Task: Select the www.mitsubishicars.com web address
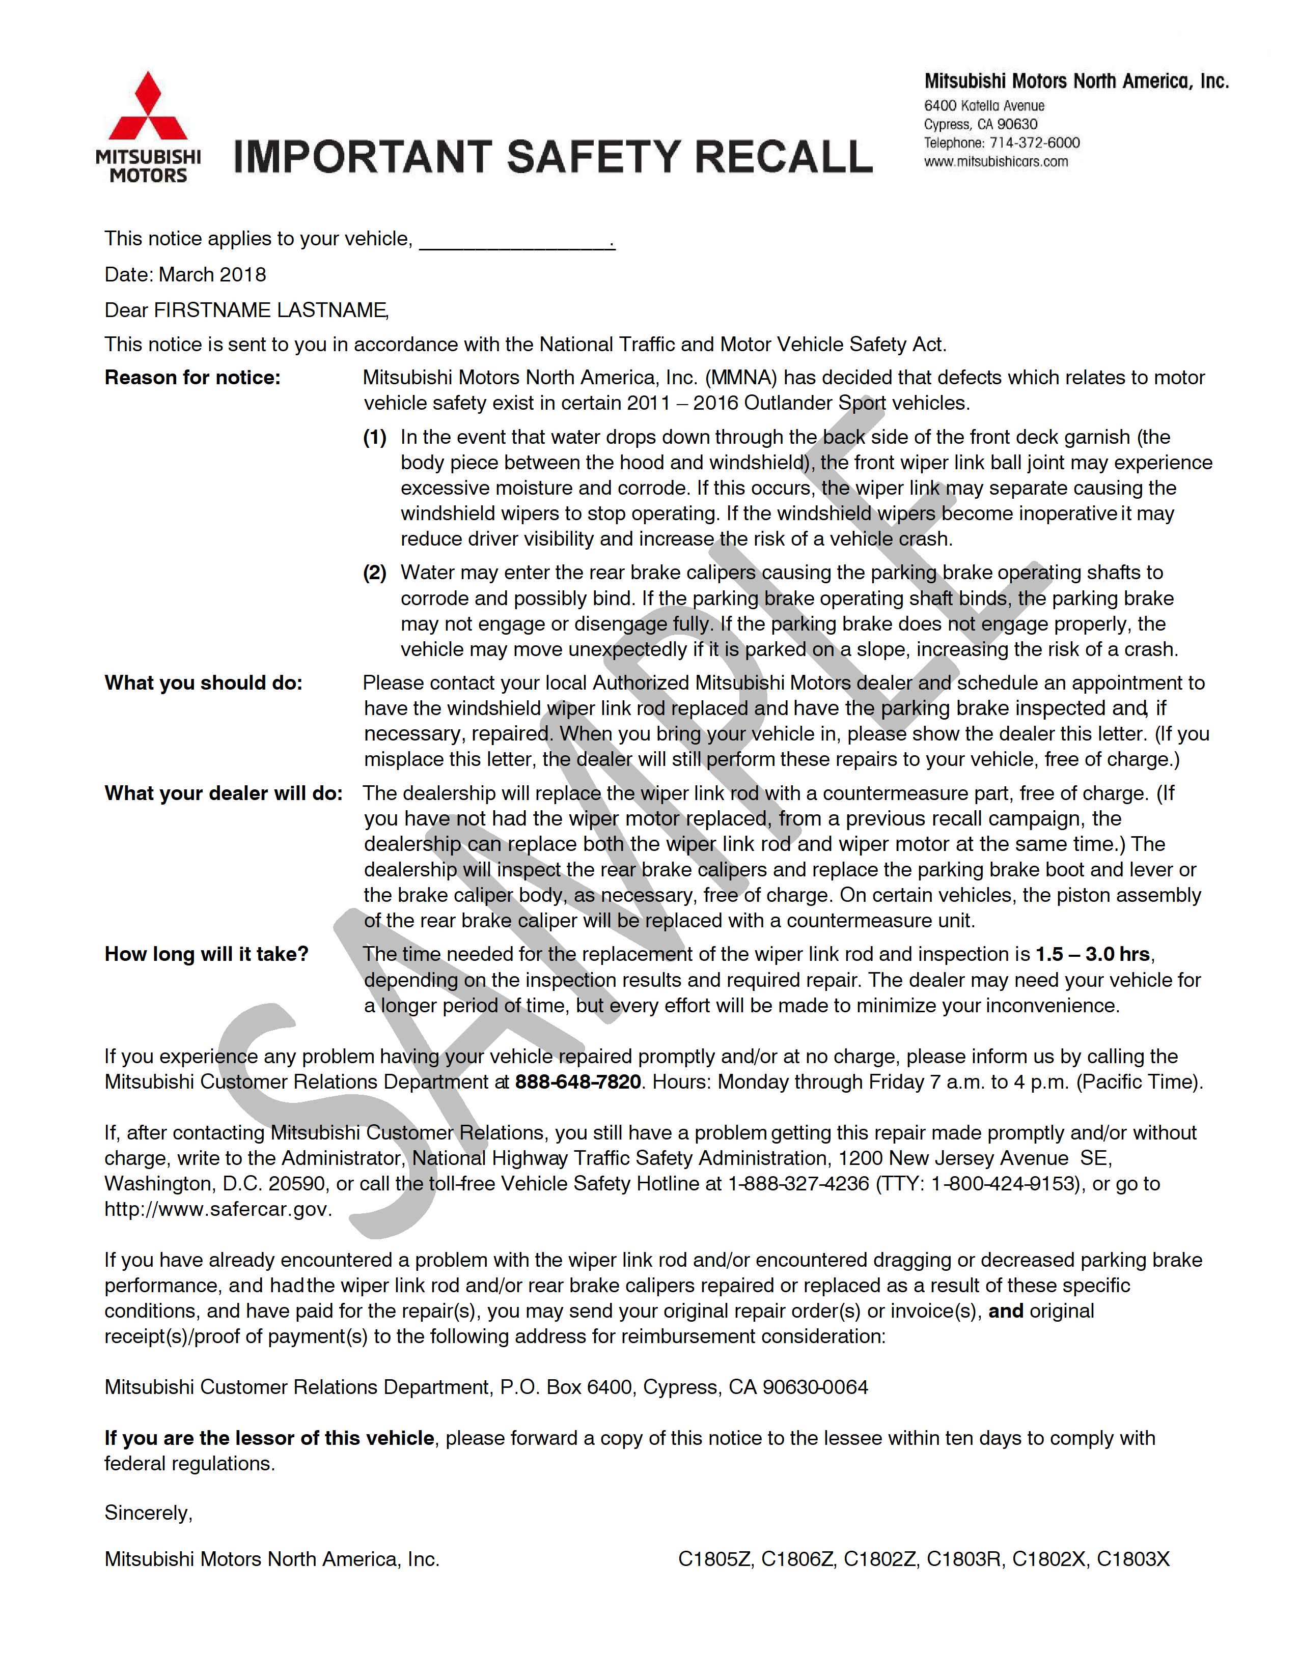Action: pyautogui.click(x=996, y=161)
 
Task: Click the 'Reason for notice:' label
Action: pyautogui.click(x=192, y=378)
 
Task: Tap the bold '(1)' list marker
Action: pyautogui.click(x=375, y=437)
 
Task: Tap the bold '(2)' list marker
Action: pyautogui.click(x=375, y=573)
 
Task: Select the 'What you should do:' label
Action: pyautogui.click(x=203, y=683)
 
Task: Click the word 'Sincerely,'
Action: pyautogui.click(x=149, y=1513)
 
